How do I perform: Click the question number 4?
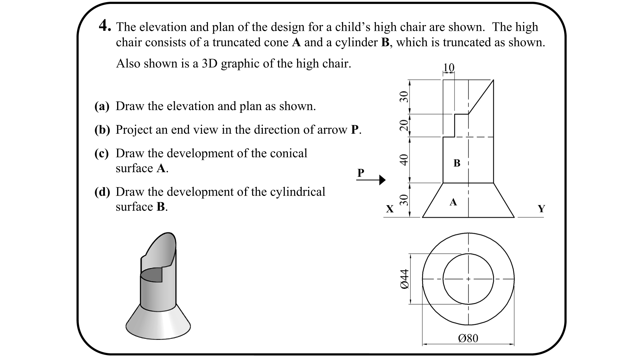point(105,26)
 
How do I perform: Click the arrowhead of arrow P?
point(382,180)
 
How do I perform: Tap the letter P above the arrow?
point(360,173)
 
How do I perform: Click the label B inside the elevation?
point(457,163)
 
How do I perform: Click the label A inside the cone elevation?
point(453,202)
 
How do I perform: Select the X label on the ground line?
point(389,209)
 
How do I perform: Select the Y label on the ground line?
point(541,209)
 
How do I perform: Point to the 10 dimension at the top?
point(448,67)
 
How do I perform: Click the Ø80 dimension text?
point(468,338)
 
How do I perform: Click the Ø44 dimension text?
point(405,279)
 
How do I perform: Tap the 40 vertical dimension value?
point(404,160)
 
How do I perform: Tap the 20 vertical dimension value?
point(404,125)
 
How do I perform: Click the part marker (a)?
point(102,106)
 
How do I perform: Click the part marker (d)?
point(102,192)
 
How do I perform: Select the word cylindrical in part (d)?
point(297,192)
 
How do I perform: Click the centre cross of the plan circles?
point(468,279)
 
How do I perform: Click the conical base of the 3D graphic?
point(158,324)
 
